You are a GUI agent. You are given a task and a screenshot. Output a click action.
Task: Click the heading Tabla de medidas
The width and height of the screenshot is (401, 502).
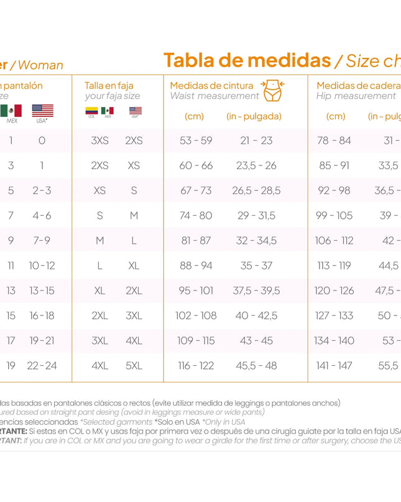tap(247, 60)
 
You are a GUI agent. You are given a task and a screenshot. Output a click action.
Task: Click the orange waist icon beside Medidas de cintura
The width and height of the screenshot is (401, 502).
tap(273, 90)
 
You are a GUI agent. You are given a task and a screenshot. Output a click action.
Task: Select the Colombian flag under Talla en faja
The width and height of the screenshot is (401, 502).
tap(91, 111)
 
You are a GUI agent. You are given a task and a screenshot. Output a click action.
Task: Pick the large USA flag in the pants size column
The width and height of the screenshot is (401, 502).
tap(42, 110)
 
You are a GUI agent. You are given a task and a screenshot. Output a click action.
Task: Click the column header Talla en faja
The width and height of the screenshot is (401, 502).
tap(109, 85)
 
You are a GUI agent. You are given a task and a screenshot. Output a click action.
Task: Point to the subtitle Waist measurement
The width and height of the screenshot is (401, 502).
tap(214, 96)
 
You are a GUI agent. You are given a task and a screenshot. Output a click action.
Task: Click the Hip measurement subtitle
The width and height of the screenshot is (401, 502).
tap(356, 96)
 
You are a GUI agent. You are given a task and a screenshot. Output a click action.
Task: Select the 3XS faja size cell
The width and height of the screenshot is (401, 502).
tap(99, 141)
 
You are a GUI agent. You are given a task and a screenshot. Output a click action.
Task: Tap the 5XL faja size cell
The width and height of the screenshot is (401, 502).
tap(134, 366)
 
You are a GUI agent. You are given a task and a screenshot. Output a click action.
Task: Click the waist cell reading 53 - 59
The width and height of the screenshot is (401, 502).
tap(196, 141)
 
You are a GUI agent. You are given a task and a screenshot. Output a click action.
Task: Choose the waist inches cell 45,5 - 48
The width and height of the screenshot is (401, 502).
tap(256, 366)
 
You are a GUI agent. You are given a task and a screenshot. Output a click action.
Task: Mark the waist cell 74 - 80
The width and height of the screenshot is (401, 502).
tap(196, 215)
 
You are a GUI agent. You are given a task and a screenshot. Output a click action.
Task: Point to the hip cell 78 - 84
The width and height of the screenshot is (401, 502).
tap(334, 141)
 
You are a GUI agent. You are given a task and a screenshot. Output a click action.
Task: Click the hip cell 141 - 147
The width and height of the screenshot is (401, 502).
tap(334, 366)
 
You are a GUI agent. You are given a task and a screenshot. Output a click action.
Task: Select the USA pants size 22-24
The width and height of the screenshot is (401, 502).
tap(42, 366)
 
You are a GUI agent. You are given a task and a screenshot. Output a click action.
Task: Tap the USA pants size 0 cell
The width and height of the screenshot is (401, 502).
tap(42, 141)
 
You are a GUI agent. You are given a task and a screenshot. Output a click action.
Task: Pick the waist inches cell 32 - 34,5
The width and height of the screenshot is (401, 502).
tap(256, 240)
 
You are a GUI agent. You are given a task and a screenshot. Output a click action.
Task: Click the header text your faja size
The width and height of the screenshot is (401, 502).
tap(113, 96)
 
